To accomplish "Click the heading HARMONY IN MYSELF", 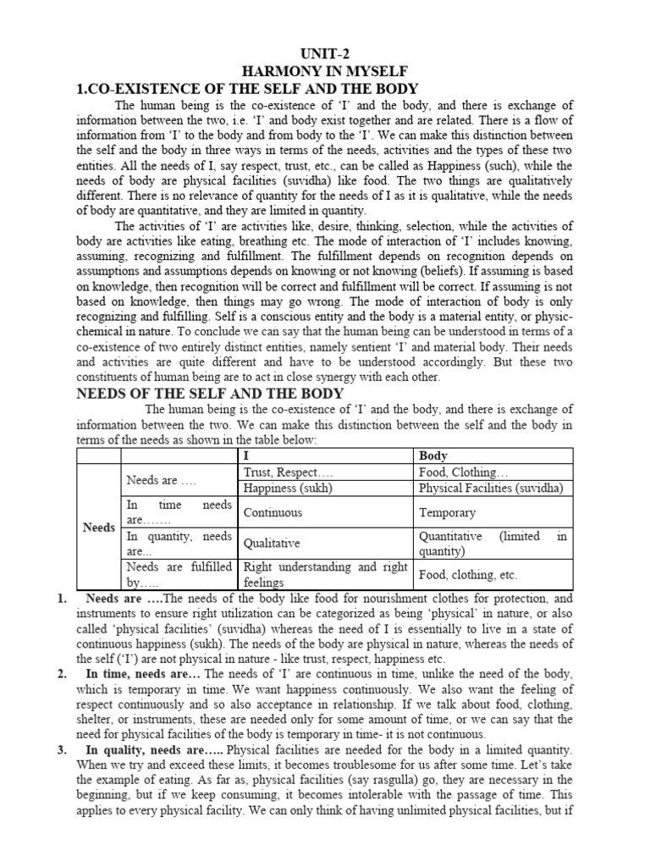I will point(325,72).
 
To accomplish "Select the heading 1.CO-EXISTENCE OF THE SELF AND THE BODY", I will point(248,89).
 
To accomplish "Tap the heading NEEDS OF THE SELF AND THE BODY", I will point(211,393).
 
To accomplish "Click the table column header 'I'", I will point(246,456).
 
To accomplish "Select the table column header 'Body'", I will point(433,456).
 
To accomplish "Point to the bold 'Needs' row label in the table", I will point(99,527).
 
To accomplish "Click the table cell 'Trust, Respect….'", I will point(288,472).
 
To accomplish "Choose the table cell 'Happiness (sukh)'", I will point(289,488).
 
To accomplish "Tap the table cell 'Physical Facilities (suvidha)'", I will point(491,488).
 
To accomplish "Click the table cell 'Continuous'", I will point(273,512).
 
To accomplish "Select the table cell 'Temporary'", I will point(448,512).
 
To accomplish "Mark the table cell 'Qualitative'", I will point(272,544).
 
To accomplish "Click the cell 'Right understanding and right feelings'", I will point(325,575).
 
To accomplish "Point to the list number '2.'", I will point(63,674).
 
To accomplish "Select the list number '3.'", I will point(63,750).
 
